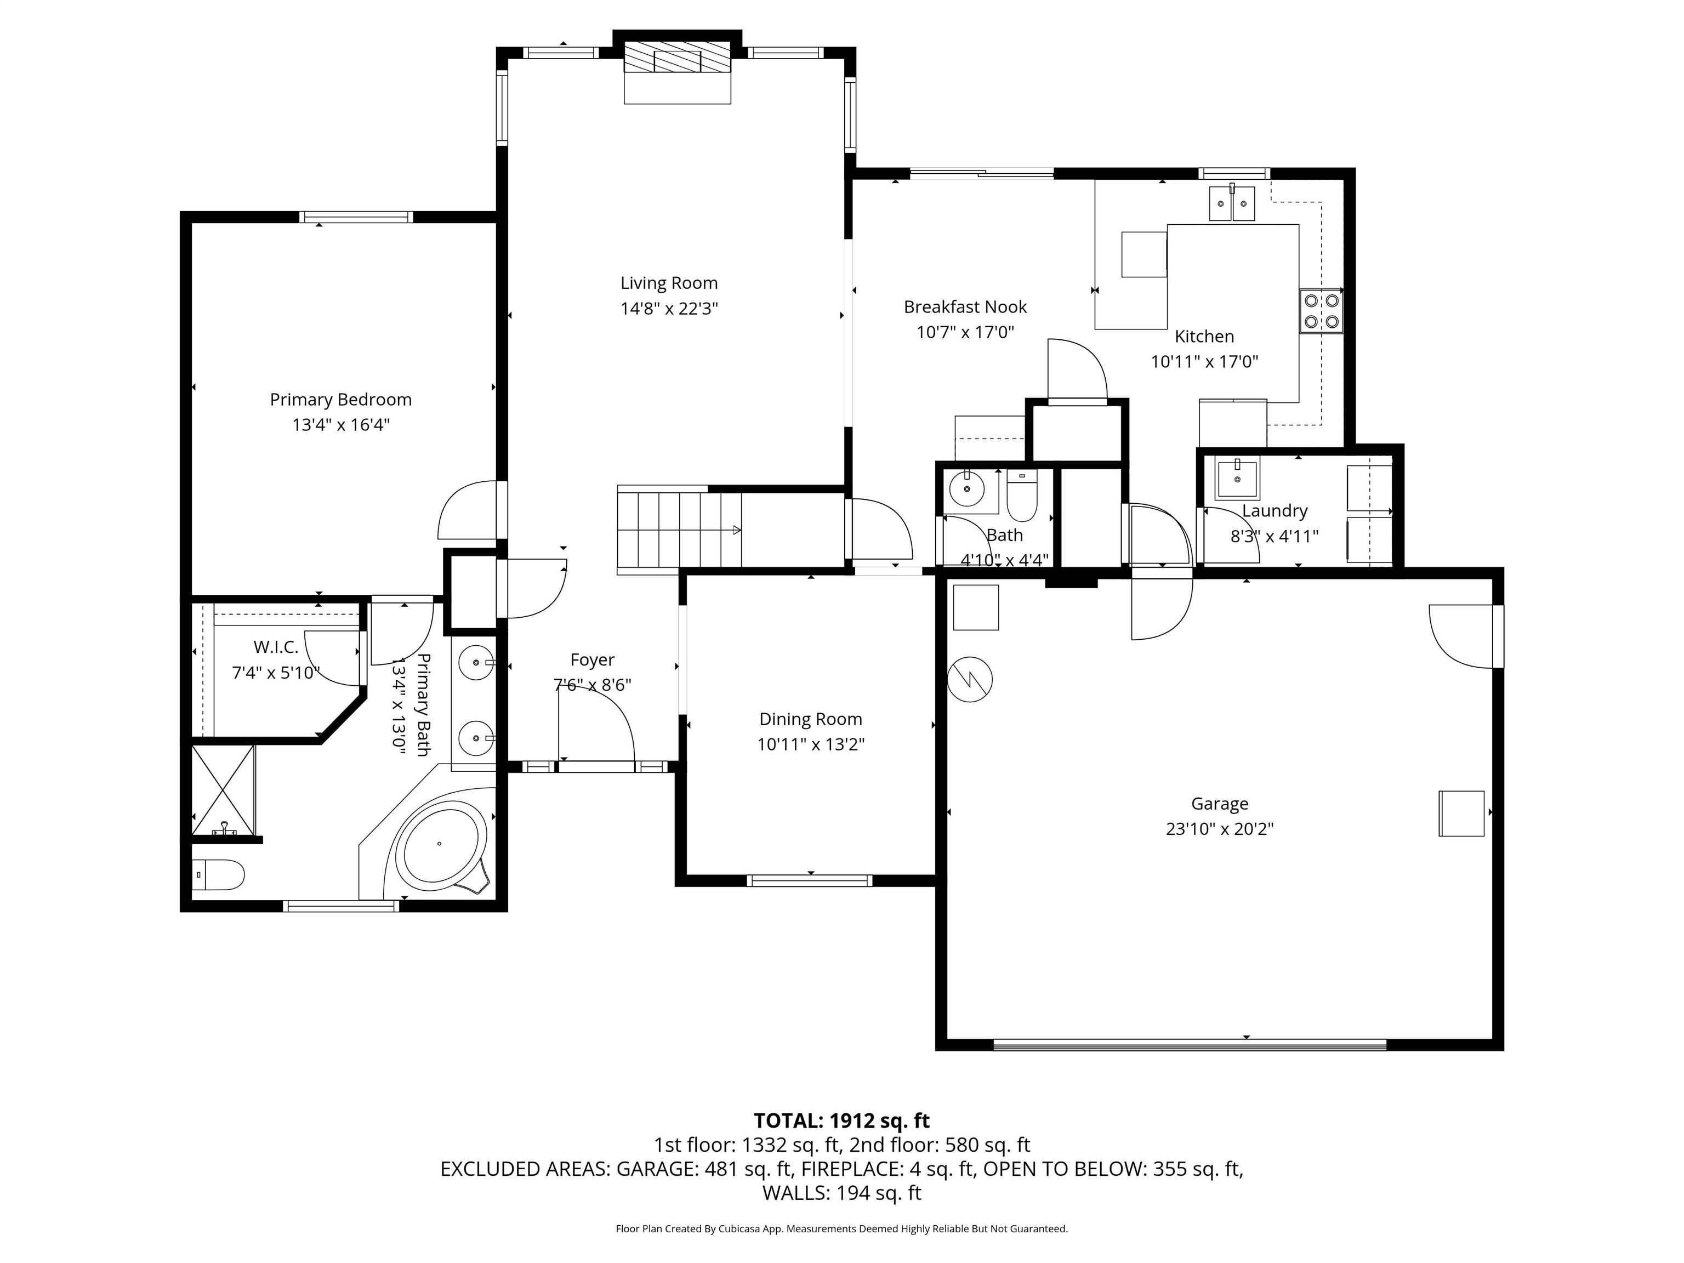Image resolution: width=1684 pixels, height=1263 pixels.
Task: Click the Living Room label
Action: pyautogui.click(x=668, y=283)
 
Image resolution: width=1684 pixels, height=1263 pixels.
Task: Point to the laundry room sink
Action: pyautogui.click(x=1236, y=478)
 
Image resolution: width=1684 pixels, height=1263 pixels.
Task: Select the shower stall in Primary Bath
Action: pyautogui.click(x=223, y=790)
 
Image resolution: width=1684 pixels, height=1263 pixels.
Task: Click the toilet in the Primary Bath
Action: pyautogui.click(x=219, y=875)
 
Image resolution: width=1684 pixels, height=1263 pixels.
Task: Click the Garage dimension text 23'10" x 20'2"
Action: pyautogui.click(x=1219, y=829)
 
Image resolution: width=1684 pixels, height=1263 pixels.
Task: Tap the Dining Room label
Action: pyautogui.click(x=810, y=719)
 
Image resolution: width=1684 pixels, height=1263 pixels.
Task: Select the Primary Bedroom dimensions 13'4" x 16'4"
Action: pyautogui.click(x=340, y=425)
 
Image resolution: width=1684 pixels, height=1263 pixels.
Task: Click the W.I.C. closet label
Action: pyautogui.click(x=276, y=647)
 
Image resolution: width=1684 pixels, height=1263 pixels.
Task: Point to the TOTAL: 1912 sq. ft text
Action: pyautogui.click(x=841, y=1120)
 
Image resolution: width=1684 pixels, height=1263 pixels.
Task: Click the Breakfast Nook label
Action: pyautogui.click(x=965, y=307)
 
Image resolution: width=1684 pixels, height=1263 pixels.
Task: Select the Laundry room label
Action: pyautogui.click(x=1275, y=511)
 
